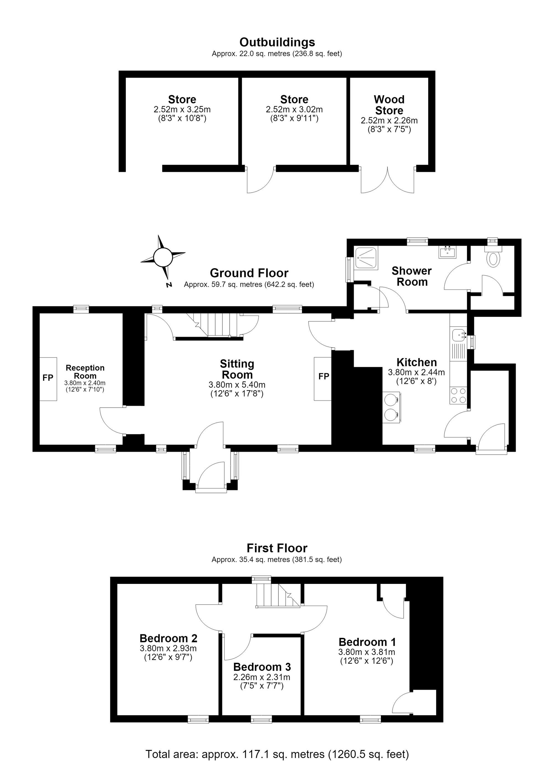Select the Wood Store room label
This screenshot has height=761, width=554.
tap(389, 105)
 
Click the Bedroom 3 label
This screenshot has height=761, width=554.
tap(262, 667)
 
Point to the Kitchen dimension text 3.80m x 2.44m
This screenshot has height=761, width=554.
tap(416, 372)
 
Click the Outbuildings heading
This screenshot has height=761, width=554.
tap(277, 42)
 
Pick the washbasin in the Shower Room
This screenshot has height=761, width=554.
tap(447, 252)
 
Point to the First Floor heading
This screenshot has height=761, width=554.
tap(277, 548)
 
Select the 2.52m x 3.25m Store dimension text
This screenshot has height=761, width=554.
tap(182, 109)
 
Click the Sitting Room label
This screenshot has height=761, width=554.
tap(237, 369)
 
